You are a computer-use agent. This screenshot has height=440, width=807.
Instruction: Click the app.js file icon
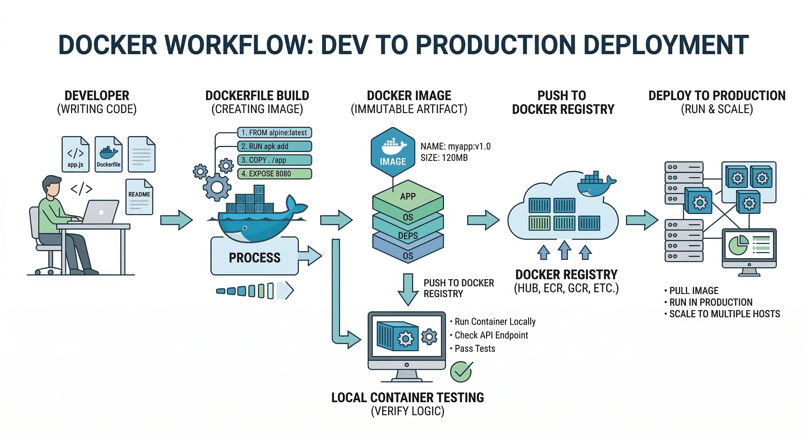75,154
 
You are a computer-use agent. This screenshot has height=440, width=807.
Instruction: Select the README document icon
139,197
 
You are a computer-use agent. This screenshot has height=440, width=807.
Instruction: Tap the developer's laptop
101,212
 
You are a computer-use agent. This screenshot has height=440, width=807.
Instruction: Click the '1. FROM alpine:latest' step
274,132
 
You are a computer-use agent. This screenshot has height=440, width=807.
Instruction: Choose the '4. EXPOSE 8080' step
274,174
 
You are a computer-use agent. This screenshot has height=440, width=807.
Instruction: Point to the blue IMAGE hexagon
393,152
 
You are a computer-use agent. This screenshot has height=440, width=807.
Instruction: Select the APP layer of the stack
408,196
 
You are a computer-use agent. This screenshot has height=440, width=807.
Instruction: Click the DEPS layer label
408,235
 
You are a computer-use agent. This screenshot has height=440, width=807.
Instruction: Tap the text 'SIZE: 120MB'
444,158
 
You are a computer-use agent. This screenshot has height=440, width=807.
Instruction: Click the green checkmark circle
461,372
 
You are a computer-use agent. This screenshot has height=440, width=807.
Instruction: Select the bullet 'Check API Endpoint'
491,335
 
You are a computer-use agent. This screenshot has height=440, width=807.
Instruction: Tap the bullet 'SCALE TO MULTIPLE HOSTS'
724,314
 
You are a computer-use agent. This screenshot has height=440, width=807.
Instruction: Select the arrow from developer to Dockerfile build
176,220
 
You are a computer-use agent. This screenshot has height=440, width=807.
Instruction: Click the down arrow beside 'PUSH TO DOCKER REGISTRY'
408,289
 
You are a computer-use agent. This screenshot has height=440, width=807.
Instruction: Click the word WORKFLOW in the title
238,45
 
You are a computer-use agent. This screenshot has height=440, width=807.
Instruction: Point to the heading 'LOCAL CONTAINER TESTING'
407,397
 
